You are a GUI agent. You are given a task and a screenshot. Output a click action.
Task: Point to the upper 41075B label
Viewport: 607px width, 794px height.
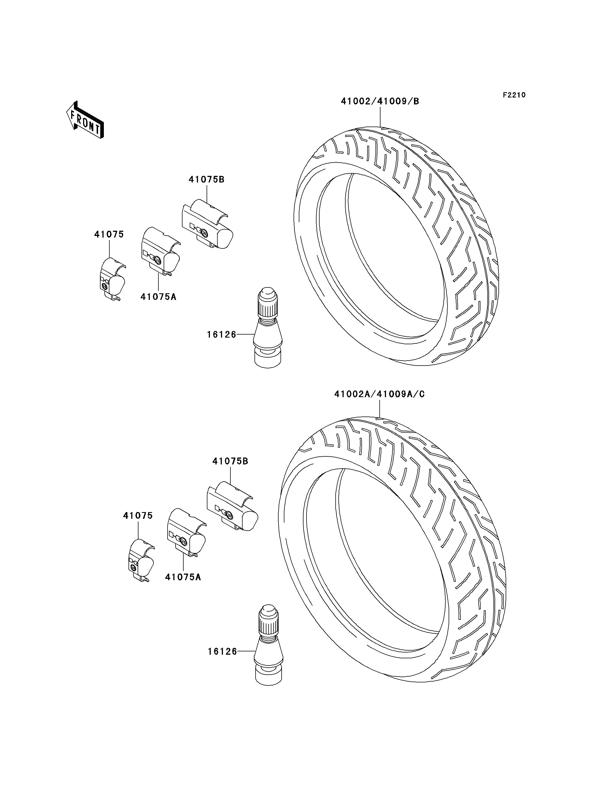(206, 180)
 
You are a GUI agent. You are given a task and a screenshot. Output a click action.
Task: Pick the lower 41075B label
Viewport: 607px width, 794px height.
(230, 461)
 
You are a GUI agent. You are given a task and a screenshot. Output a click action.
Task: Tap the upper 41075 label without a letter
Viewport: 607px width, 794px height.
(109, 235)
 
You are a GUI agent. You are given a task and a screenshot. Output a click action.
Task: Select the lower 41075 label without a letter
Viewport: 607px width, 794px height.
(138, 516)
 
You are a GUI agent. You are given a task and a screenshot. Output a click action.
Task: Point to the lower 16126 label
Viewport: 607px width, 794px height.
(222, 651)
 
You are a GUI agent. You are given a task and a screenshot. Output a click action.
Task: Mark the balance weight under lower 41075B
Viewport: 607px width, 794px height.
(232, 506)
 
